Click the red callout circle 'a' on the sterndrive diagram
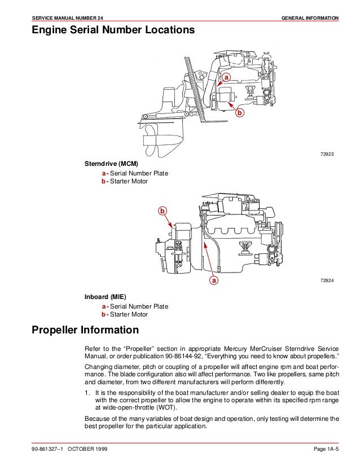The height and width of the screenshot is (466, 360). tap(227, 76)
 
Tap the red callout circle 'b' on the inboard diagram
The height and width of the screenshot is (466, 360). tap(163, 211)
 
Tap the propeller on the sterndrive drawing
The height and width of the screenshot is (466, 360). tap(151, 135)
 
